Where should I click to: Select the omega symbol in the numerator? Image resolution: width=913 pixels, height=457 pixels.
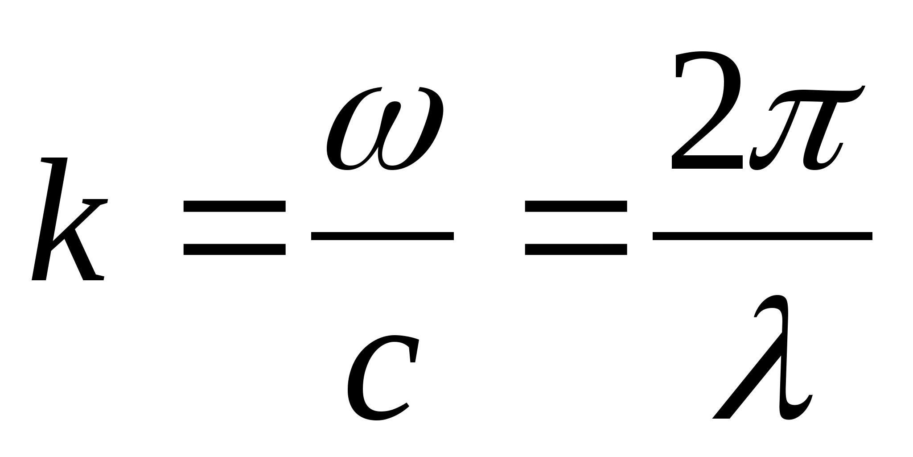click(384, 129)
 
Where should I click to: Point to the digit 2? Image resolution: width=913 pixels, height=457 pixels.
click(707, 112)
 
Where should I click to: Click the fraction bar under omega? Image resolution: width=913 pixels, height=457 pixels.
click(382, 236)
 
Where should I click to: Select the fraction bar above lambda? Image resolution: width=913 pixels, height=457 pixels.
click(762, 236)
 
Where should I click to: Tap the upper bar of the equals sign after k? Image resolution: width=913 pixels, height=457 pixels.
click(234, 206)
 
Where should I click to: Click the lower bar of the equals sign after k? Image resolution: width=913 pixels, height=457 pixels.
click(234, 249)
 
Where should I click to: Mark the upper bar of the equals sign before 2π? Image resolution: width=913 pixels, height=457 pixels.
click(576, 206)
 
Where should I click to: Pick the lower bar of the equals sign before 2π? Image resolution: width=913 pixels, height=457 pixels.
click(576, 249)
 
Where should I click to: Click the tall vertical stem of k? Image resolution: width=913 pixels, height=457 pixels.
click(50, 219)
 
